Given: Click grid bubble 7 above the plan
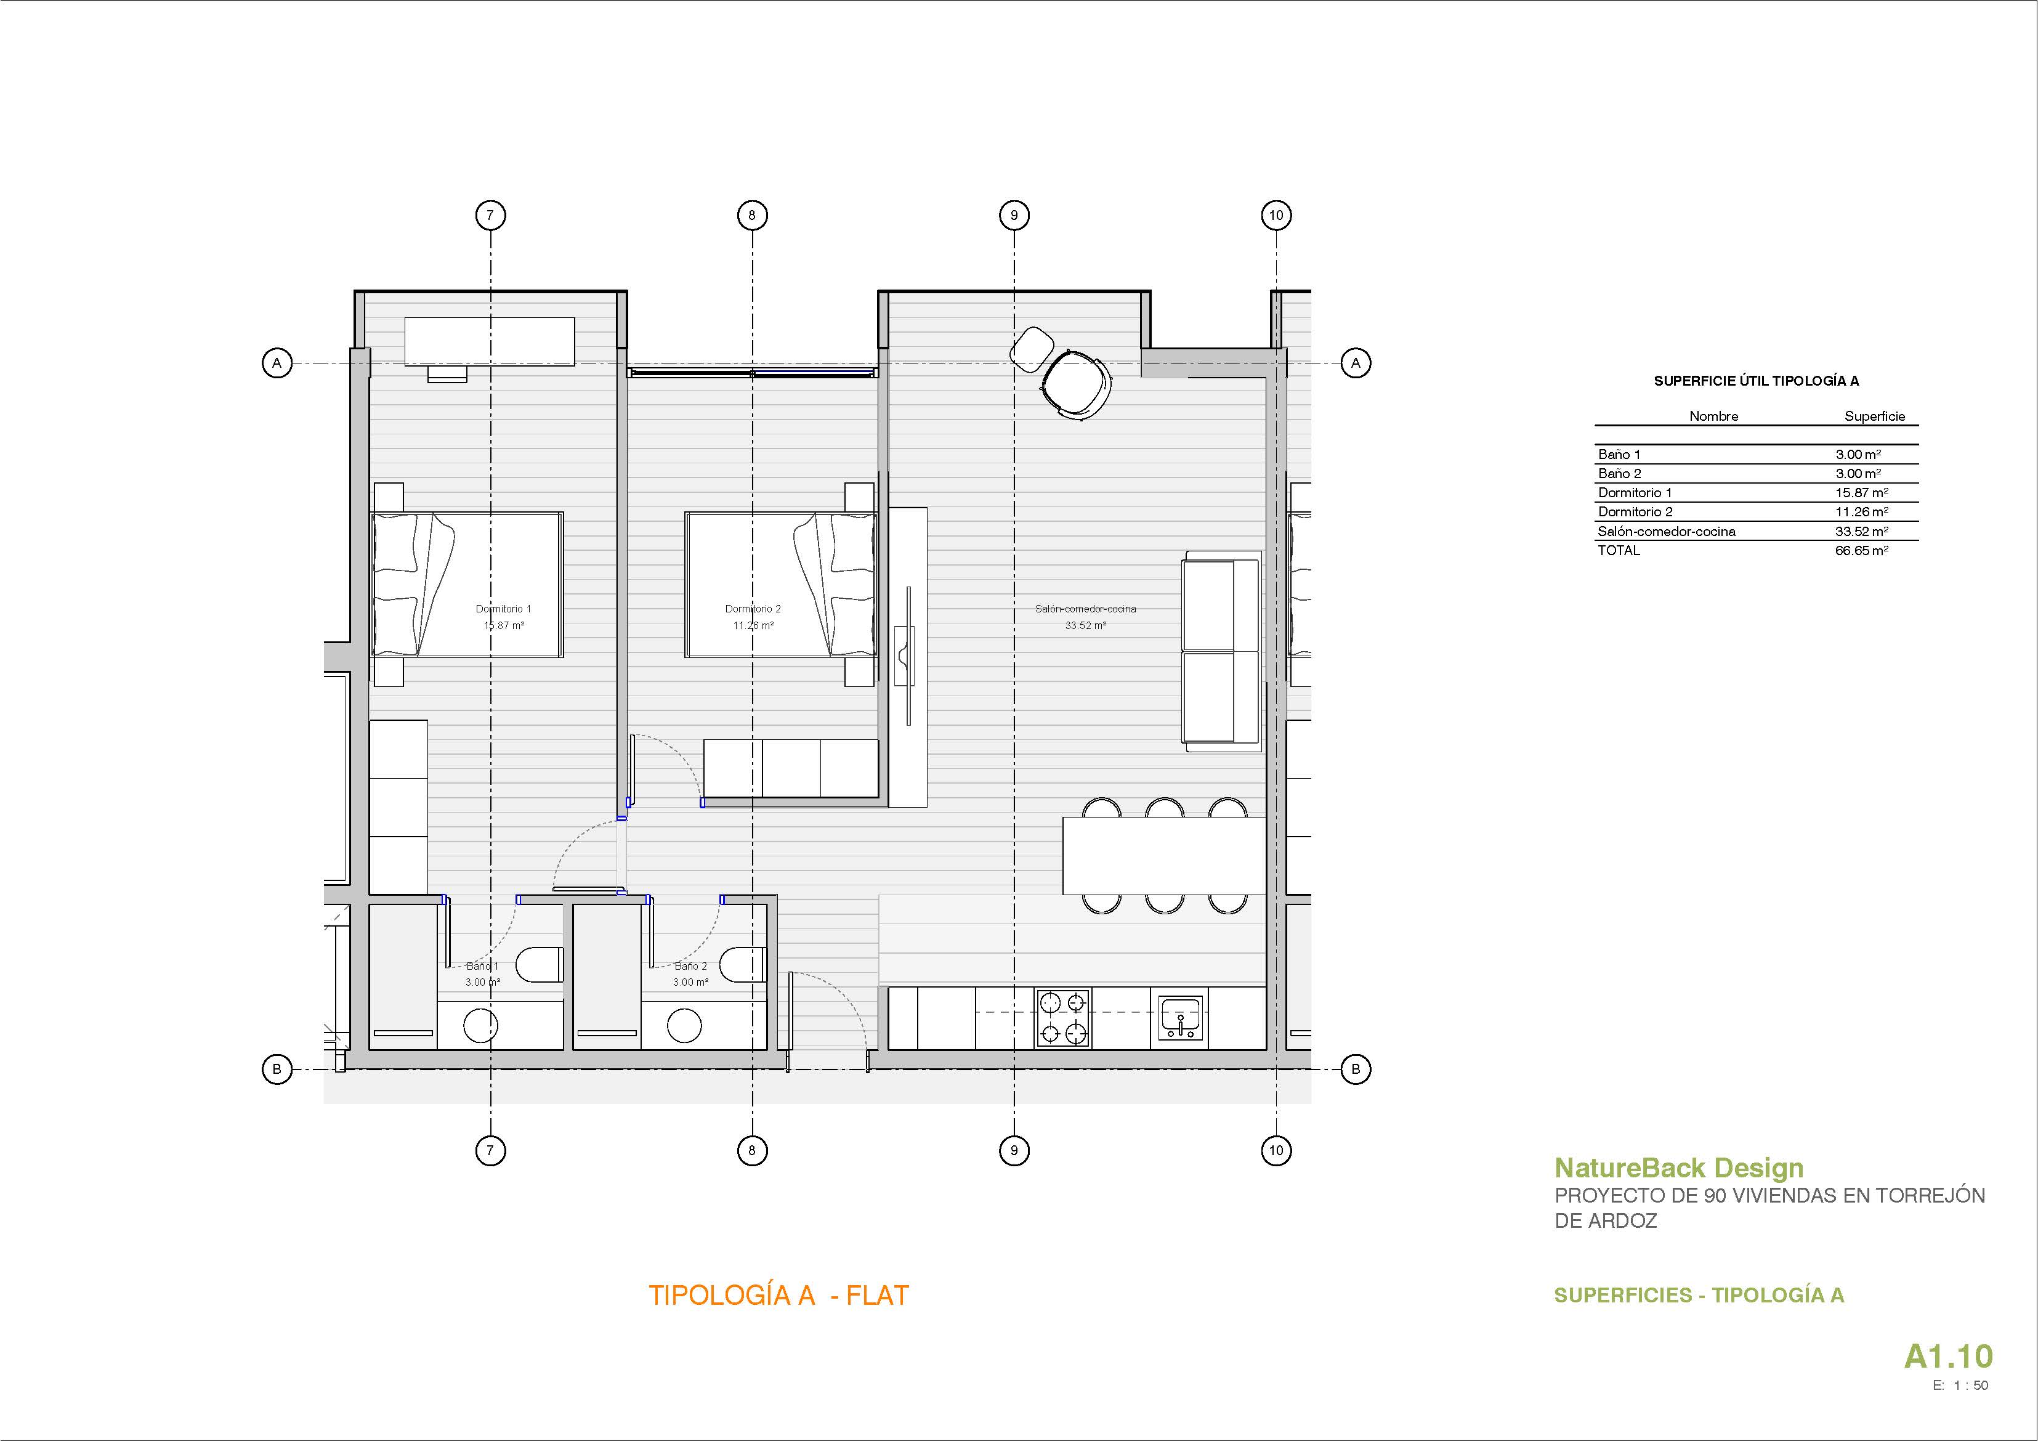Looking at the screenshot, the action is pyautogui.click(x=490, y=215).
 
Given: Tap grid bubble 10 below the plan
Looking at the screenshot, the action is pyautogui.click(x=1276, y=1151).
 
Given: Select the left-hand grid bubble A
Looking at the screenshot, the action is pyautogui.click(x=277, y=363).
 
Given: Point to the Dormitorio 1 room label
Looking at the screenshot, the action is pyautogui.click(x=503, y=609).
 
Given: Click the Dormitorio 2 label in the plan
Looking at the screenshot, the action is pyautogui.click(x=753, y=609).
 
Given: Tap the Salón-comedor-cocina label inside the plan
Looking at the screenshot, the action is pyautogui.click(x=1086, y=609).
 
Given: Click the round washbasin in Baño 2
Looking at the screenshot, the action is pyautogui.click(x=684, y=1026).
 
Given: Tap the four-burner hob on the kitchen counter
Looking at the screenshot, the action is pyautogui.click(x=1062, y=1018).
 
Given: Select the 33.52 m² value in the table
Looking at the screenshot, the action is pyautogui.click(x=1861, y=531).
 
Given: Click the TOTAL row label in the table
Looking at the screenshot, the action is pyautogui.click(x=1619, y=551).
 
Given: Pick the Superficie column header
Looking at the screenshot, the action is pyautogui.click(x=1875, y=416).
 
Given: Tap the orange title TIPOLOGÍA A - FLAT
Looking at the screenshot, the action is pyautogui.click(x=778, y=1296).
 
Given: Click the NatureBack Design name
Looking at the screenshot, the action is pyautogui.click(x=1678, y=1169).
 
